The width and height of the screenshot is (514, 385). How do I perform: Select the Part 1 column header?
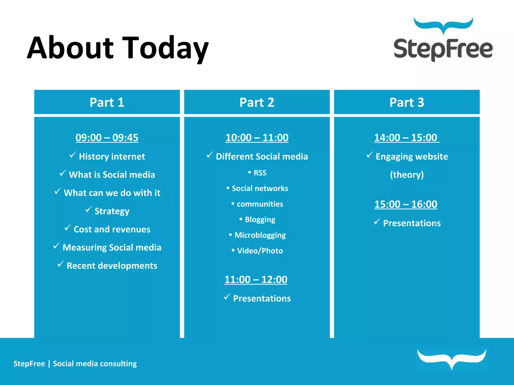(x=107, y=102)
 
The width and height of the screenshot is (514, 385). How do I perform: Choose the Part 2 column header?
(x=257, y=102)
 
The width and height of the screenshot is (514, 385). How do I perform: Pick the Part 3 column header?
(x=407, y=102)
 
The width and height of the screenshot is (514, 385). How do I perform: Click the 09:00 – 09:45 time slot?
(x=107, y=138)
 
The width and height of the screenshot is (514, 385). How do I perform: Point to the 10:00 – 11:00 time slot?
(x=257, y=138)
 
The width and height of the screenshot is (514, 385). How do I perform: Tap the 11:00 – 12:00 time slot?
(x=256, y=279)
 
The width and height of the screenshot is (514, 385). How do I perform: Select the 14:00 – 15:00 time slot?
(x=406, y=138)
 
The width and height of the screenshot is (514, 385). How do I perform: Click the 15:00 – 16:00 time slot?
(x=406, y=204)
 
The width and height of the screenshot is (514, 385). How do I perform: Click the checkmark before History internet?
(x=73, y=155)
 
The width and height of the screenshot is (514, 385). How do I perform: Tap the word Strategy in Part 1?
(x=112, y=211)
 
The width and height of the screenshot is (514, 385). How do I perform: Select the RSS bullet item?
(x=260, y=173)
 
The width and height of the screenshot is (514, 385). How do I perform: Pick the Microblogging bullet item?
(x=260, y=235)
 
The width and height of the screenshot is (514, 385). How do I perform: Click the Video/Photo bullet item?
(x=260, y=251)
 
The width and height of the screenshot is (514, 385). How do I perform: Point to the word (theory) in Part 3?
(x=407, y=175)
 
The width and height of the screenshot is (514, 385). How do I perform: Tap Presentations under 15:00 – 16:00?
(x=412, y=223)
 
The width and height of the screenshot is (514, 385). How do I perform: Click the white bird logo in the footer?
(x=452, y=359)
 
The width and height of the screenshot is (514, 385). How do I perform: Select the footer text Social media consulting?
(x=95, y=363)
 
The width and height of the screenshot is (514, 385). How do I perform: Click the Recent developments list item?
(x=112, y=266)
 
